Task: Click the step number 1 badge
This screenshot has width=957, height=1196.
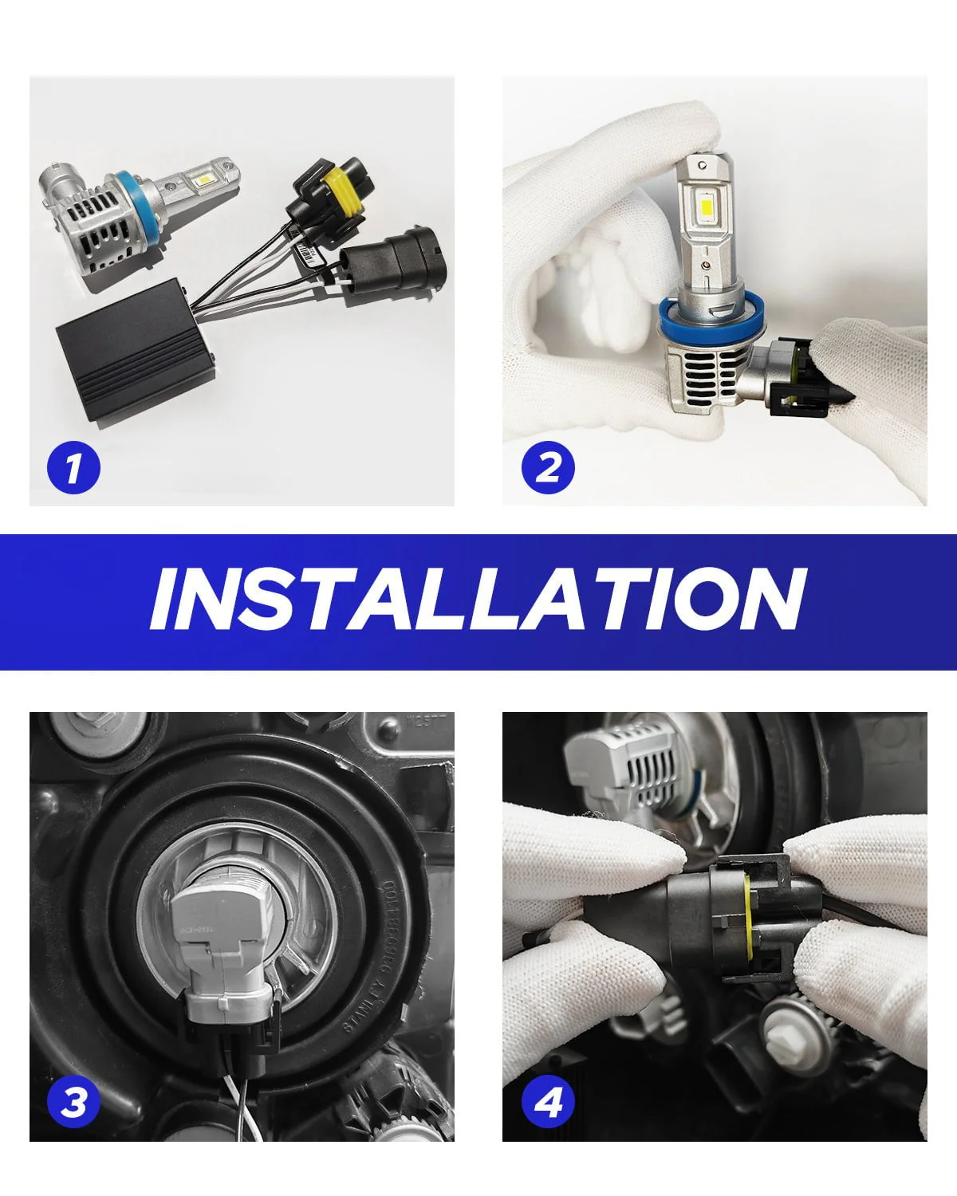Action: pyautogui.click(x=74, y=467)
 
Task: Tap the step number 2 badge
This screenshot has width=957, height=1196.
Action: pyautogui.click(x=548, y=467)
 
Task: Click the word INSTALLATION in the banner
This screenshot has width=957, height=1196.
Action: pyautogui.click(x=478, y=600)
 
